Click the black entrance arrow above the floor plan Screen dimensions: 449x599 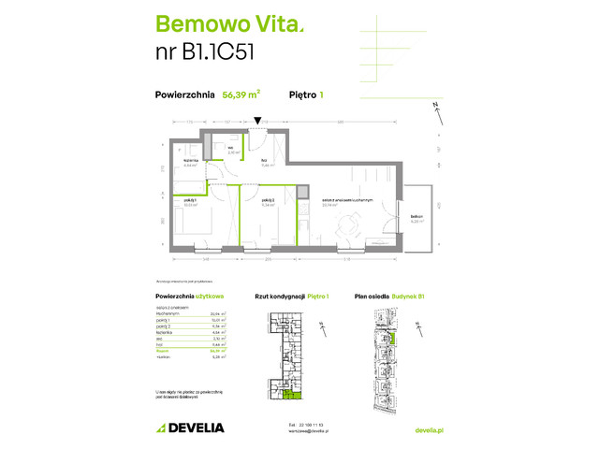click(257, 121)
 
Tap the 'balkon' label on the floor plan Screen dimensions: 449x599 click(417, 218)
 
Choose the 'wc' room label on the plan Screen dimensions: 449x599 click(229, 147)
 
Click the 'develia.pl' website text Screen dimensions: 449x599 click(430, 428)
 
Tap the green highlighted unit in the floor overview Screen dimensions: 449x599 click(297, 396)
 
